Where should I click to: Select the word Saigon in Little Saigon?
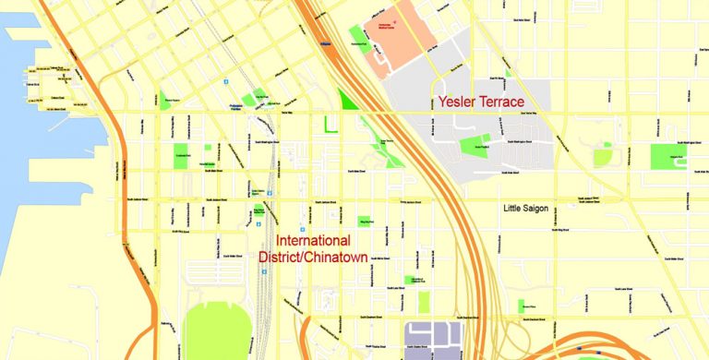pos(535,209)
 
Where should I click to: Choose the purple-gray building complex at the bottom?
pos(434,339)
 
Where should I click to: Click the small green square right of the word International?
pos(365,222)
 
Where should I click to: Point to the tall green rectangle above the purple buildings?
pos(424,302)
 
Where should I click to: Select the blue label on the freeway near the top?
pos(324,42)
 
